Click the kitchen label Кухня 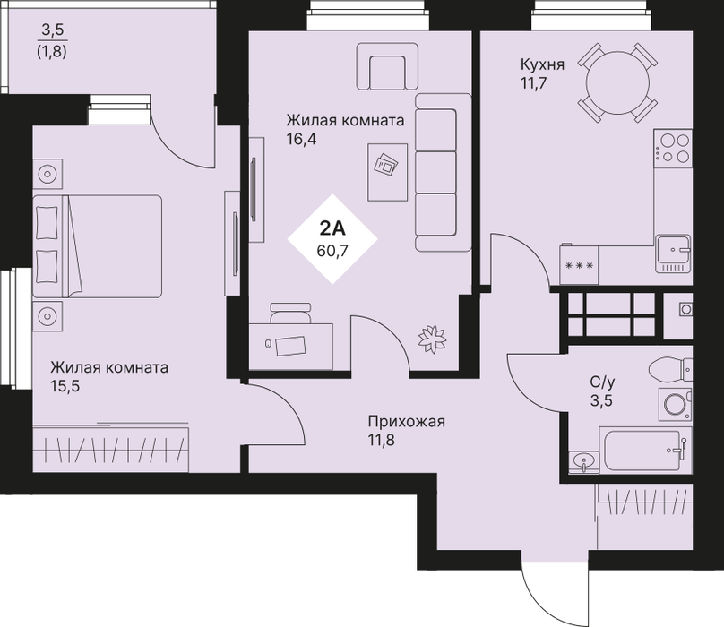tap(542, 64)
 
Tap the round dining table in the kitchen tap(617, 83)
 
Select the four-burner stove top tap(673, 148)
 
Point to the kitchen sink tap(673, 253)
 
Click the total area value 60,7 tap(332, 251)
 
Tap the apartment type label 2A tap(332, 228)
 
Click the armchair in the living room tap(387, 66)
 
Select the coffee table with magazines tap(387, 172)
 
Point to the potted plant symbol tap(432, 339)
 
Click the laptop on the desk tap(290, 346)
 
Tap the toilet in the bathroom tap(670, 370)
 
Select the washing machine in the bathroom tap(675, 405)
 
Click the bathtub tap(645, 451)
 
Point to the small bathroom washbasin tap(584, 461)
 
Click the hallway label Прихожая tap(406, 422)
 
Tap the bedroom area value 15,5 tap(65, 386)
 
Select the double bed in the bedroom tap(98, 246)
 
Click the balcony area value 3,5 tap(53, 30)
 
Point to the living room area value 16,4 tap(301, 139)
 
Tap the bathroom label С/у tap(602, 382)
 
